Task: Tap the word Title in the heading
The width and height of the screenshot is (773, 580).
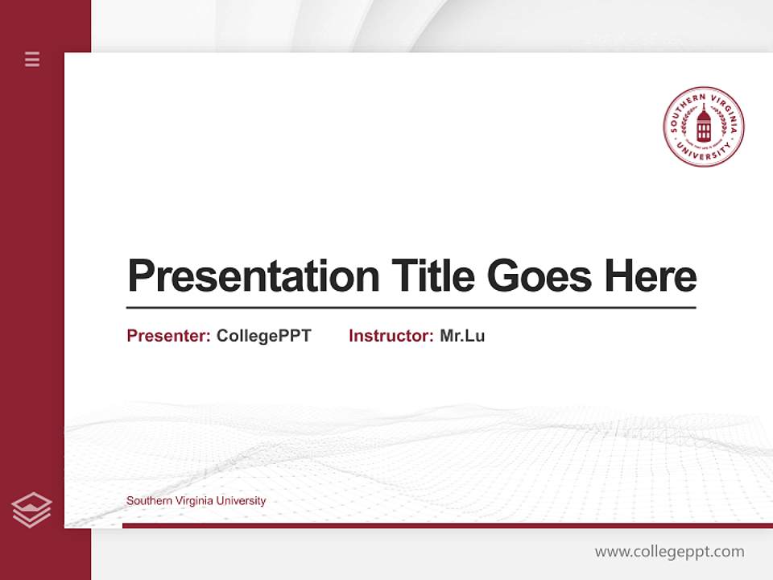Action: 432,276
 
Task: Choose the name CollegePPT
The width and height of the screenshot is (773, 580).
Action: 263,336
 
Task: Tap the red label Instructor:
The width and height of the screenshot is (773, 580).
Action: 391,336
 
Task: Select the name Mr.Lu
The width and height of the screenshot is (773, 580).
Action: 462,336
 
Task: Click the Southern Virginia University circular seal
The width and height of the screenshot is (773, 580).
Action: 704,127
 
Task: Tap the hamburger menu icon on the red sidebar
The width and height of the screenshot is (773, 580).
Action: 32,59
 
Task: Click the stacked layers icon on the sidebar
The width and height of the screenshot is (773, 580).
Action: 31,509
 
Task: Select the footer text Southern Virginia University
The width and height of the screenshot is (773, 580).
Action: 196,501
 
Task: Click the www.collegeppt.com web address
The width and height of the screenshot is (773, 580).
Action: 669,552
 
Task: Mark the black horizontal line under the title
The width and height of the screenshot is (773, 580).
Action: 411,308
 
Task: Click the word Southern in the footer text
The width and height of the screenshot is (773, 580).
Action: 147,501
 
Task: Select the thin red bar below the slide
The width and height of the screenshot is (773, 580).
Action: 447,525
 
